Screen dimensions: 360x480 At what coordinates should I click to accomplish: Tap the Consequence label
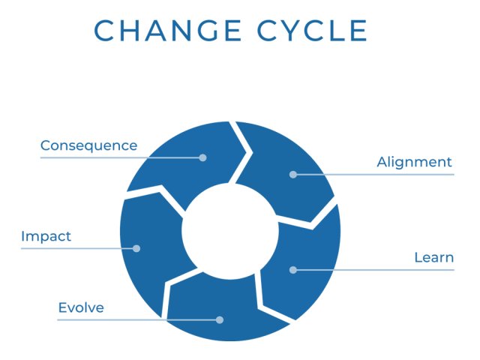tap(88, 145)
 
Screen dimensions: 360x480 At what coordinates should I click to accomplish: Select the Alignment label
tap(414, 162)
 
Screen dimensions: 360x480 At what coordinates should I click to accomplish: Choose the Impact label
tap(46, 236)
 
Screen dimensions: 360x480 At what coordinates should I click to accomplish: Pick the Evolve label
tap(80, 307)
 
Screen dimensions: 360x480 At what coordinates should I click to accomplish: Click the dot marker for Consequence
tap(202, 157)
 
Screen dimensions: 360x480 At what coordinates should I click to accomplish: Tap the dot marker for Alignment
tap(292, 174)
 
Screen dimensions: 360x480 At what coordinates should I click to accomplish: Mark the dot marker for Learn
tap(292, 269)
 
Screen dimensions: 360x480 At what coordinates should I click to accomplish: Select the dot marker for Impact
tap(136, 248)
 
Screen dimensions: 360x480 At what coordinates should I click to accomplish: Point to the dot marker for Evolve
tap(220, 319)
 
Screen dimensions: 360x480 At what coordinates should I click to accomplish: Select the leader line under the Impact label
tap(67, 248)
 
